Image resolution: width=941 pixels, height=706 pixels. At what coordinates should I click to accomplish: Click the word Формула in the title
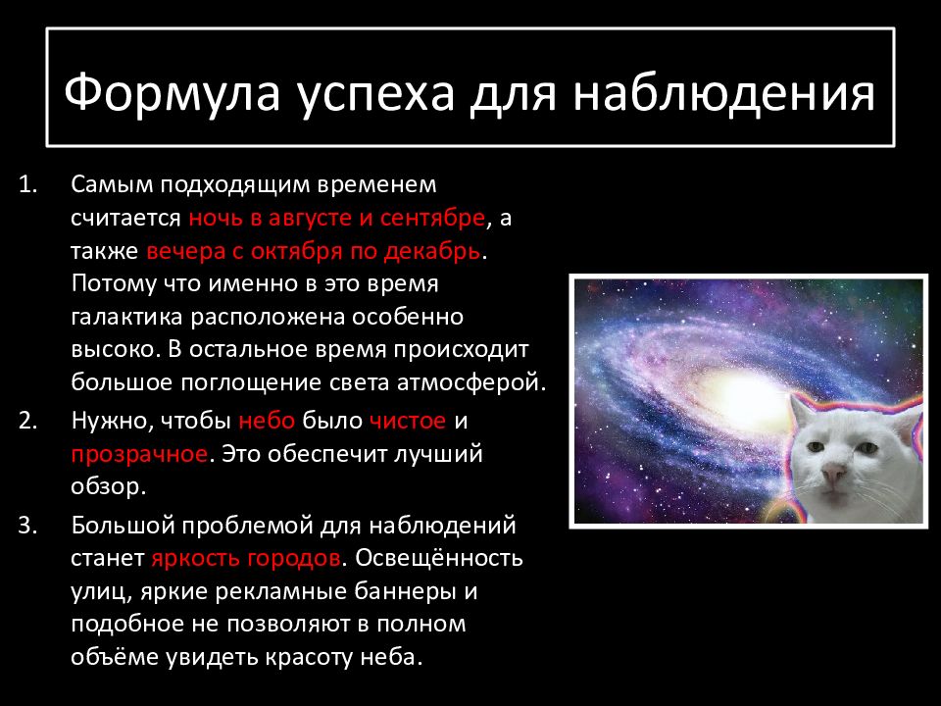point(173,92)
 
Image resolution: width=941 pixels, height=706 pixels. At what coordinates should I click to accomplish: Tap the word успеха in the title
point(375,96)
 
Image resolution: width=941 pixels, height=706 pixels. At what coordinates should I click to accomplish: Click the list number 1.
point(27,184)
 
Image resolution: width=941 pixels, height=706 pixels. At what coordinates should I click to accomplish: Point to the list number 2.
point(27,421)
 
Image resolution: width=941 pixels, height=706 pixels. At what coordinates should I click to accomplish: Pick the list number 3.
point(27,526)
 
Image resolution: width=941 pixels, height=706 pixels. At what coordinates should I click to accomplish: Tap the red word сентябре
point(432,218)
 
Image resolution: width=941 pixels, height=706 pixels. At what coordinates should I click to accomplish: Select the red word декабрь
point(432,251)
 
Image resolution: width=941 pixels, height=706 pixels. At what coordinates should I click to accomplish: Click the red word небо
point(267,421)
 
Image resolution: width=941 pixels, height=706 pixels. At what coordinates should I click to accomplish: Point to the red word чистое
point(408,421)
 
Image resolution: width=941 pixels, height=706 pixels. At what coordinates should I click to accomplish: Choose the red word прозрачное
point(139,454)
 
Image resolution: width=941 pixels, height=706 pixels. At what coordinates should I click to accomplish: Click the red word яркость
point(196,559)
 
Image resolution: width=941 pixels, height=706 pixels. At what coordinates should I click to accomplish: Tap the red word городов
point(294,559)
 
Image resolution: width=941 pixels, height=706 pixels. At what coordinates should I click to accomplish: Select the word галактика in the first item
point(126,317)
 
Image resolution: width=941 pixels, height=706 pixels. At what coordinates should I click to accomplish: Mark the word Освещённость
point(439,558)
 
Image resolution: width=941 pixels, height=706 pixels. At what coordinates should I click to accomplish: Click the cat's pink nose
point(833,475)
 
